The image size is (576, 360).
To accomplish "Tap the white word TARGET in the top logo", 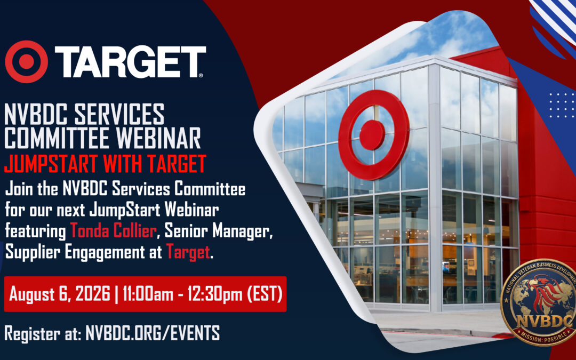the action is coord(131,62).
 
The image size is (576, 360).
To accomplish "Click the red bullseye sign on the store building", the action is coord(373,135).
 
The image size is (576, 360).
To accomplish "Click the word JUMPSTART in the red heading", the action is coord(51,164).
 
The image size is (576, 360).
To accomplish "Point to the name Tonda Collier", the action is coord(113,231).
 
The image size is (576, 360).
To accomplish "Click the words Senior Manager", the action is coord(218,231).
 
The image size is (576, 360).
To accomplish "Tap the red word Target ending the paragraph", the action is coord(188,252).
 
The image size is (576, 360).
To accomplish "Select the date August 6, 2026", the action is coord(60,294).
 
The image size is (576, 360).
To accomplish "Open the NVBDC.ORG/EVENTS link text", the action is coord(153,333).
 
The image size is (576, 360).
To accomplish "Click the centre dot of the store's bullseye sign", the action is coord(372,135).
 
